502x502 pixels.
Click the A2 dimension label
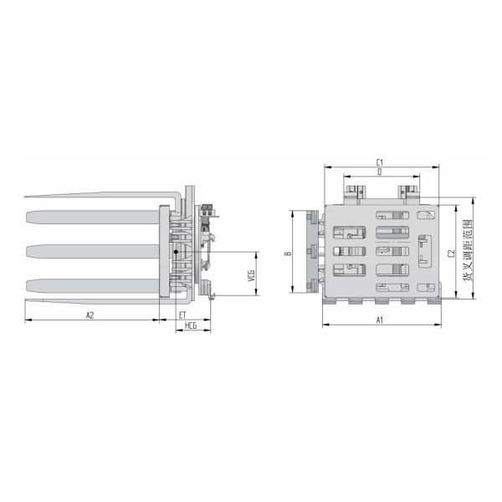[90, 315]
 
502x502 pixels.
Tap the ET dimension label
[182, 315]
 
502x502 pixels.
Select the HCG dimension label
[191, 326]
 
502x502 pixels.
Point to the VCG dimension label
[251, 276]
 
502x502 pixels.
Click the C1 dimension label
[379, 162]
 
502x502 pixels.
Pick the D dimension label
[380, 172]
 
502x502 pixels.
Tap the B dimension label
[289, 254]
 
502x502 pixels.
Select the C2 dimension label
[451, 254]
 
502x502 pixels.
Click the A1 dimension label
[380, 320]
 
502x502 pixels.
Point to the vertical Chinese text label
[468, 250]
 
